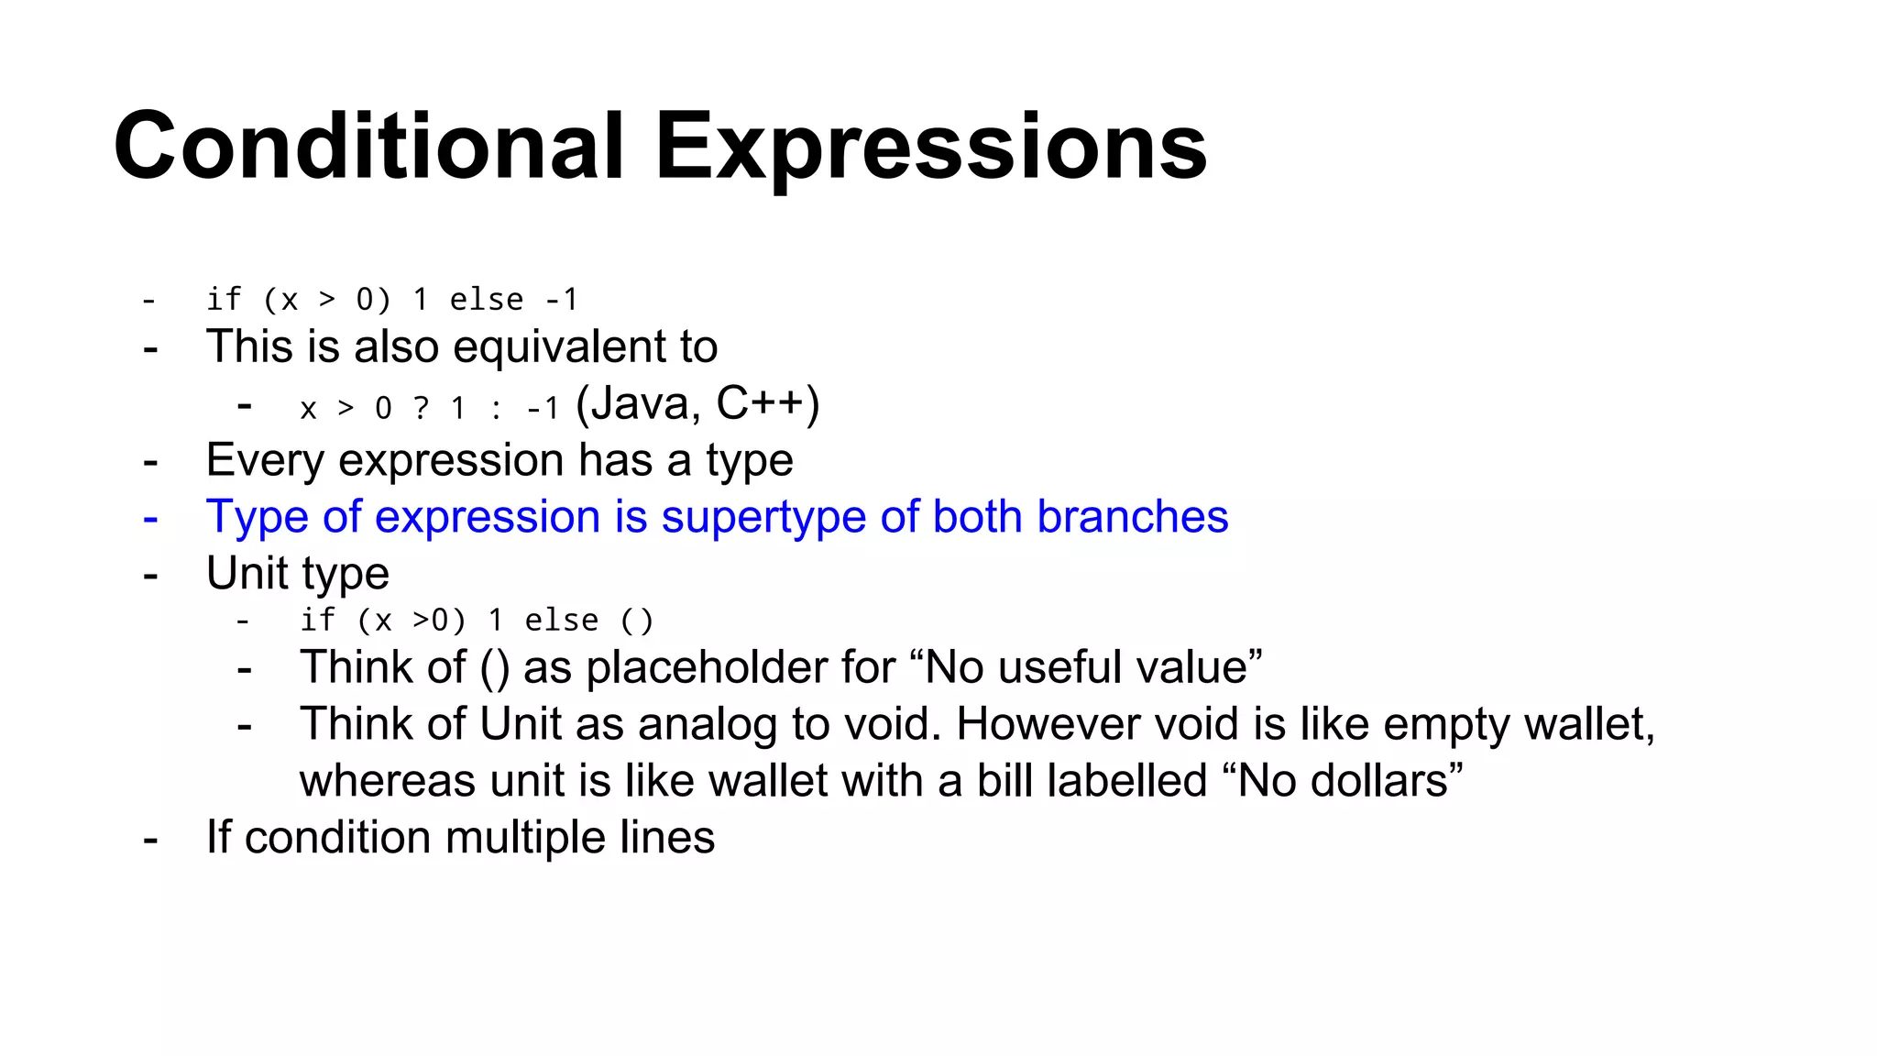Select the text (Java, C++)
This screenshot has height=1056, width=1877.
697,404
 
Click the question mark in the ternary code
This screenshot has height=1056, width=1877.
421,408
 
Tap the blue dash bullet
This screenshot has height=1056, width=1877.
151,518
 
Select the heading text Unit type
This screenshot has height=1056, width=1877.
297,575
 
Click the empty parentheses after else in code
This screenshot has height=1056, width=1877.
637,621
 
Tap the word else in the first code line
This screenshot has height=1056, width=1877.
486,300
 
